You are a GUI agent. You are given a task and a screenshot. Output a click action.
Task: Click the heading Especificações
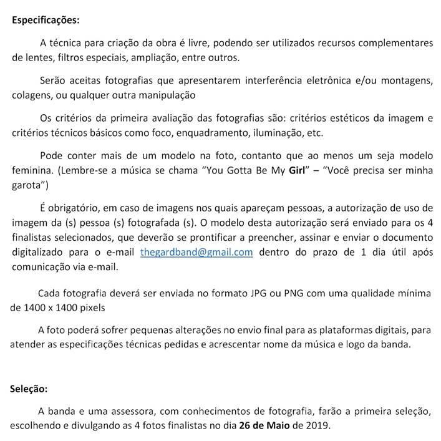pos(46,19)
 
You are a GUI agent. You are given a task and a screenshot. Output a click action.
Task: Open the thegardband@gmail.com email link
pos(196,252)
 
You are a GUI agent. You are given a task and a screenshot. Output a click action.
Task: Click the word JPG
pos(258,293)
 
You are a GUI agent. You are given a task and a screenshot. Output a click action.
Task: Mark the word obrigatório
pos(72,208)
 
